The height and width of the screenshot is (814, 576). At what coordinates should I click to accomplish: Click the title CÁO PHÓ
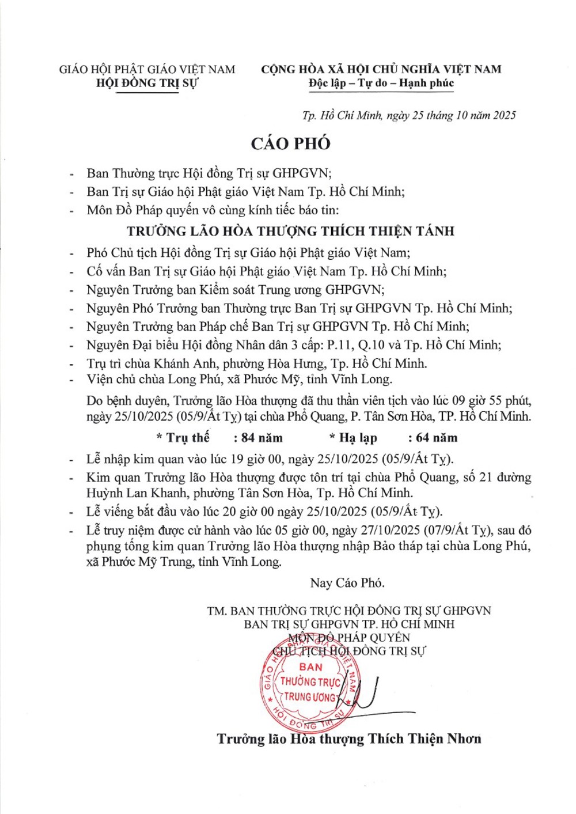click(290, 143)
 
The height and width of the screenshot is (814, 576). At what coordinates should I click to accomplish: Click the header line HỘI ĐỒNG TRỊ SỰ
click(147, 83)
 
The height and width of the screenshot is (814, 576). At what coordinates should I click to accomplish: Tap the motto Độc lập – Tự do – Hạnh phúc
click(381, 83)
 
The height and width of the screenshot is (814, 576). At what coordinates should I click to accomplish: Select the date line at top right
click(408, 115)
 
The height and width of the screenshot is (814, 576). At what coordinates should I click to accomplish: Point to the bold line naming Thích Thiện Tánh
click(290, 231)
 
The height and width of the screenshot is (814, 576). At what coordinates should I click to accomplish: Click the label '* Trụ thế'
click(183, 438)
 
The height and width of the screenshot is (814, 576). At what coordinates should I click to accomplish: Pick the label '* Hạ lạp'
click(353, 438)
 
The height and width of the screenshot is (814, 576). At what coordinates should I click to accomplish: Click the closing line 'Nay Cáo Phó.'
click(347, 583)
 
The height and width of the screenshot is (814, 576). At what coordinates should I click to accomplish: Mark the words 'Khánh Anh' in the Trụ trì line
click(187, 363)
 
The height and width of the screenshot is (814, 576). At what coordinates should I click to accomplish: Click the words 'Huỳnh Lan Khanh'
click(137, 493)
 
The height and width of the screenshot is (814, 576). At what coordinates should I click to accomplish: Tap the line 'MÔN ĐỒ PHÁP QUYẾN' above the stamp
click(349, 638)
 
